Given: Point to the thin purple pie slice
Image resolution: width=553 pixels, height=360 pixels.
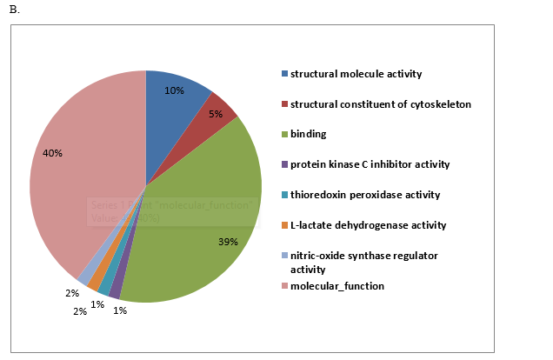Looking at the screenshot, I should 115,292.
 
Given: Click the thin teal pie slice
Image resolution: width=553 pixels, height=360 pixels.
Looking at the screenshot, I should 104,287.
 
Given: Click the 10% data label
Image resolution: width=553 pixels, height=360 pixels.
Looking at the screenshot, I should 174,90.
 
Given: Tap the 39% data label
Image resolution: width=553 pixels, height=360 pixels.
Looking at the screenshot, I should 229,242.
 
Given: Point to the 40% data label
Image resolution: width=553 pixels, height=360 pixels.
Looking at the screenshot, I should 52,153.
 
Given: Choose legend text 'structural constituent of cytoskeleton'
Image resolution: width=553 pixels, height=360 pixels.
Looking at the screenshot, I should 381,104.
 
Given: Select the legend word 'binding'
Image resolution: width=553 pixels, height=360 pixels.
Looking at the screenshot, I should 308,134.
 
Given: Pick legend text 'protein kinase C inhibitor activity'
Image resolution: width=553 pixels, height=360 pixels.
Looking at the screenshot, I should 370,164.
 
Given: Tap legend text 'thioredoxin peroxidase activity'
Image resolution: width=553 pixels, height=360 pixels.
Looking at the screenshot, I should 365,195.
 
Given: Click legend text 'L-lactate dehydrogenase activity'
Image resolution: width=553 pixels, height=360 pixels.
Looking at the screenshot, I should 368,225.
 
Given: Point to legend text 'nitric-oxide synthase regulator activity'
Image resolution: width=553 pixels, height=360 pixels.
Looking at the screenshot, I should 364,262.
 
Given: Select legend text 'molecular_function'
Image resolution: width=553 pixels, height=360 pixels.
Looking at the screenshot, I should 336,286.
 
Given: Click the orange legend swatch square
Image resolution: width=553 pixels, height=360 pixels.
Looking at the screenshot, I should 284,225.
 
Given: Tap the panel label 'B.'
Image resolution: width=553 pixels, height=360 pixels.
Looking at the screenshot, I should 13,9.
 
